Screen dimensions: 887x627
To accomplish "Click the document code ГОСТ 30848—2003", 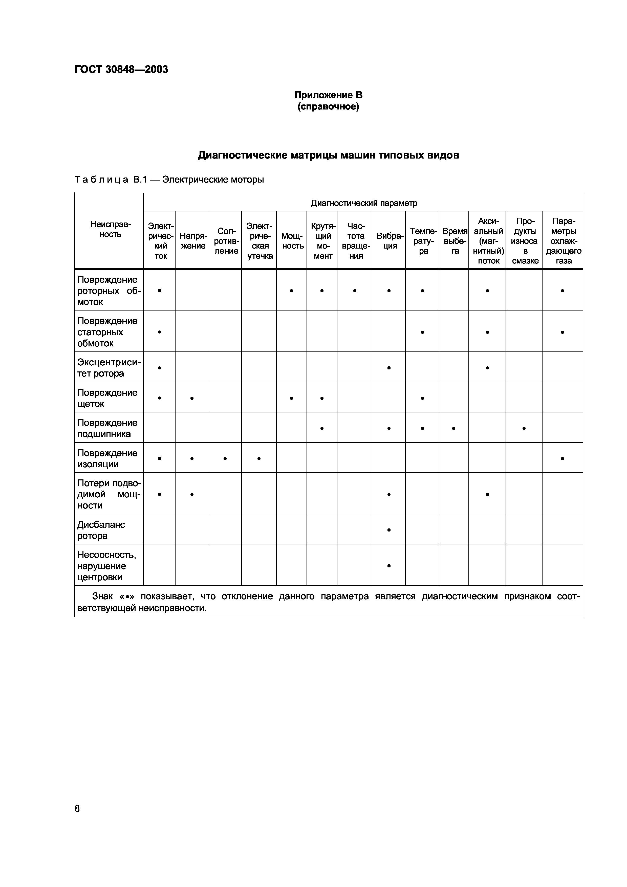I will [121, 70].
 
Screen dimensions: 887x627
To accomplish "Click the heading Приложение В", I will [328, 95].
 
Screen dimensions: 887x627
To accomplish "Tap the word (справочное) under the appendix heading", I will [328, 107].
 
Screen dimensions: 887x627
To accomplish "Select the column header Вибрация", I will [390, 241].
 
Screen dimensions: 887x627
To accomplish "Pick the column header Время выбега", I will [455, 241].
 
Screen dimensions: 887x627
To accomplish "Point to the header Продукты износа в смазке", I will [525, 241].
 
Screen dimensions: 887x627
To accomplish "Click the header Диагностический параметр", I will [364, 203].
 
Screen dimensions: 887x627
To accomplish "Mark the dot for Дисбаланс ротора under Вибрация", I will [389, 530].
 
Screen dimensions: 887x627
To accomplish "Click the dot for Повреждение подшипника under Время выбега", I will [454, 428].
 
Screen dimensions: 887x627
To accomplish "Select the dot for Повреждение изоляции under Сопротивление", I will [225, 459].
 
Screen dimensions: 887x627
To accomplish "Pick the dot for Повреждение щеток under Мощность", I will [292, 398].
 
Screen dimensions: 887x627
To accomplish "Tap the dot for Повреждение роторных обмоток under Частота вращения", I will [355, 291].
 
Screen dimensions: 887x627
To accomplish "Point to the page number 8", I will [77, 808].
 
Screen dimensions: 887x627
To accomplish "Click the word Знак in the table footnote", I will [103, 596].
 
